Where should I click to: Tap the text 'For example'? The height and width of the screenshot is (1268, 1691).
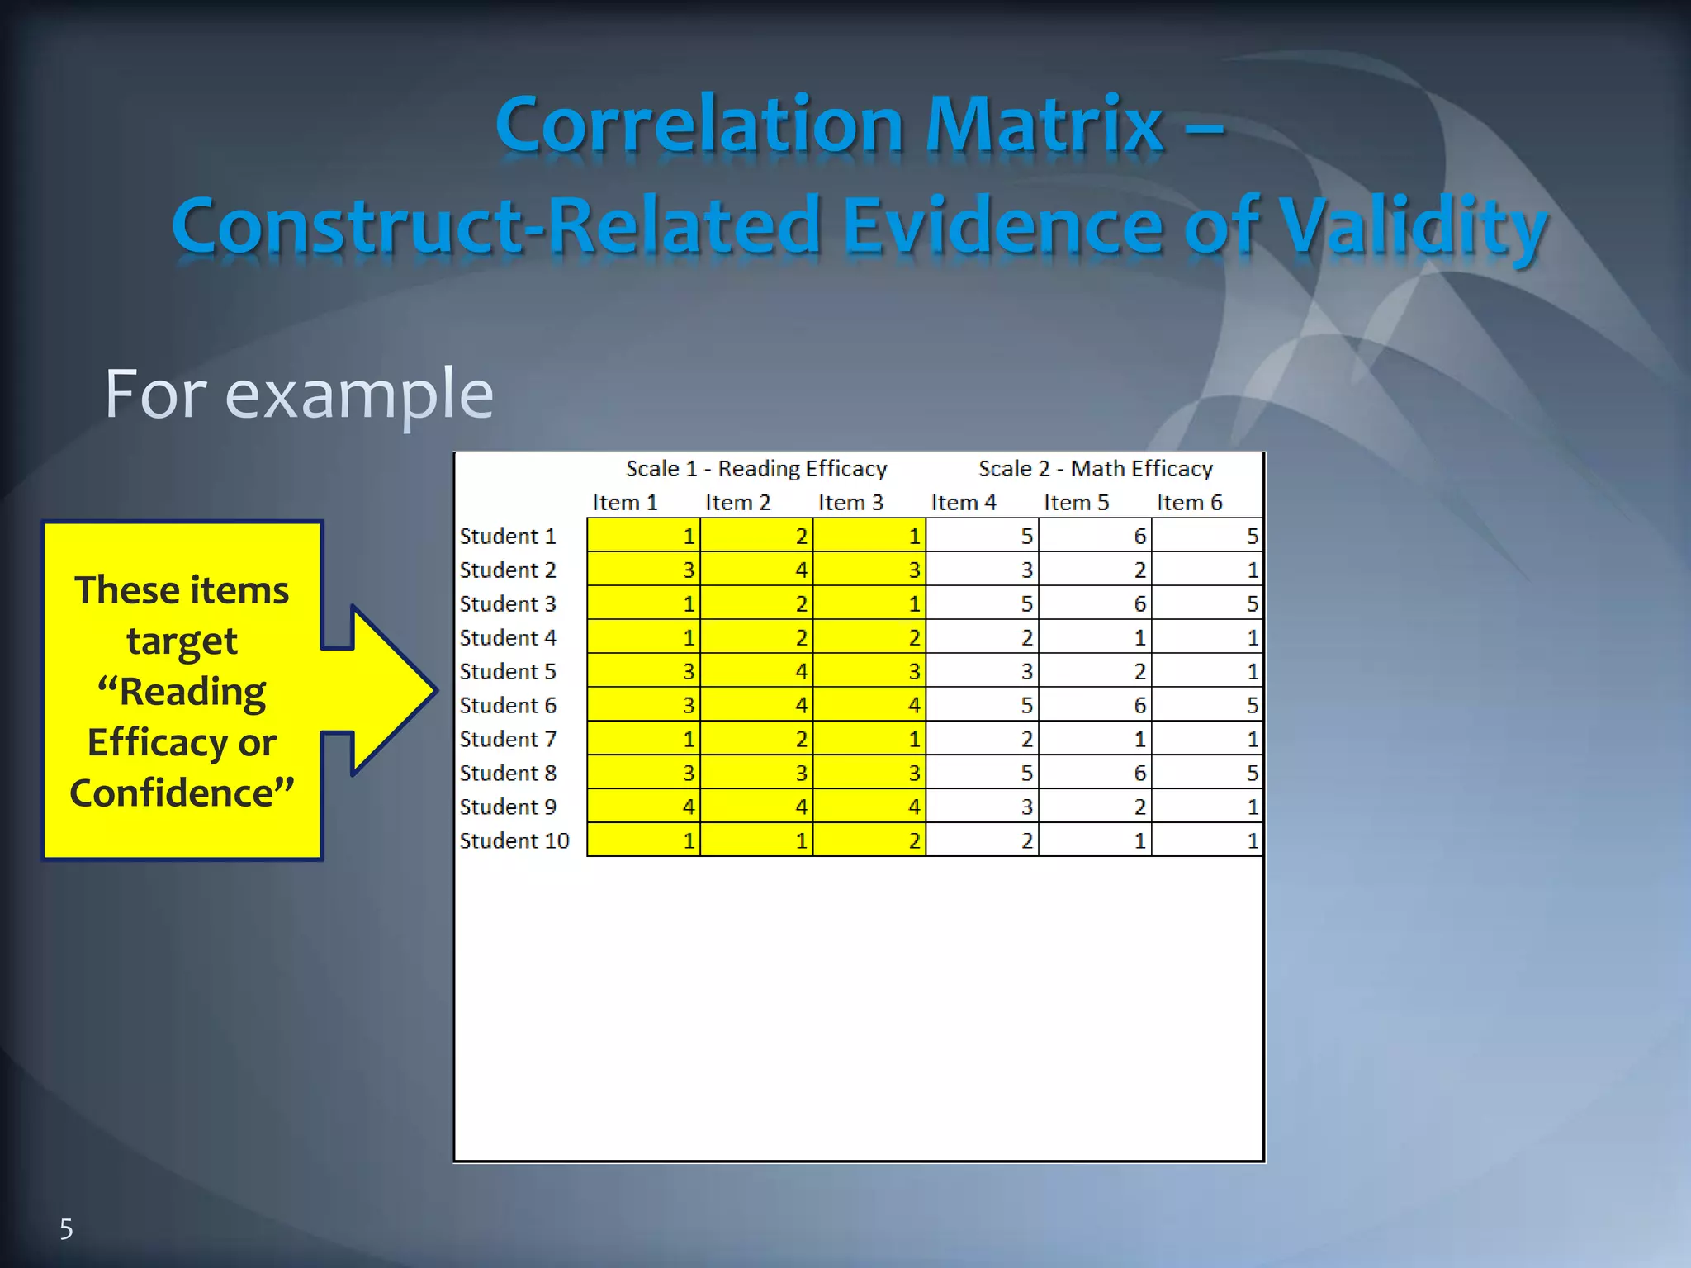pyautogui.click(x=299, y=395)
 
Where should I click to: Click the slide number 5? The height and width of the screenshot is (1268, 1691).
pyautogui.click(x=66, y=1229)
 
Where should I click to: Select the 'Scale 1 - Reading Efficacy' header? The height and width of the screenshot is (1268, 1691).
pyautogui.click(x=756, y=469)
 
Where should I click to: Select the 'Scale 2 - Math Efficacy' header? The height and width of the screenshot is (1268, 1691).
pyautogui.click(x=1096, y=469)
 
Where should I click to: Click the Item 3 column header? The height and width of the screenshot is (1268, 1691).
pyautogui.click(x=850, y=503)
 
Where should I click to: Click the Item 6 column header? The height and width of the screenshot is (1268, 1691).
pyautogui.click(x=1189, y=503)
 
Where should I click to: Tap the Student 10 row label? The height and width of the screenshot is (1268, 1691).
pyautogui.click(x=514, y=840)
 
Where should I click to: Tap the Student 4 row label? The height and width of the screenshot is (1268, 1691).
pyautogui.click(x=508, y=637)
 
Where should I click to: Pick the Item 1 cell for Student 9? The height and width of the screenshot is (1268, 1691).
pyautogui.click(x=644, y=807)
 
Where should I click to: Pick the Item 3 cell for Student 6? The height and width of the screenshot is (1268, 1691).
pyautogui.click(x=869, y=705)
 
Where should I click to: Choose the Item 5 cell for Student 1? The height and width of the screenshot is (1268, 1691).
pyautogui.click(x=1095, y=536)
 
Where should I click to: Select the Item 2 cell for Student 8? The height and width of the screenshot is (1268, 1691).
pyautogui.click(x=756, y=773)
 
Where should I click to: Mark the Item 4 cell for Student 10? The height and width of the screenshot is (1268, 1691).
pyautogui.click(x=983, y=840)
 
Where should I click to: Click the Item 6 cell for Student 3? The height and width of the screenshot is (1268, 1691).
pyautogui.click(x=1207, y=603)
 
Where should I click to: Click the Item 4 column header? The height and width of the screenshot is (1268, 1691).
pyautogui.click(x=964, y=503)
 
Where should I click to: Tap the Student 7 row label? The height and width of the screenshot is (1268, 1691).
pyautogui.click(x=508, y=739)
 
